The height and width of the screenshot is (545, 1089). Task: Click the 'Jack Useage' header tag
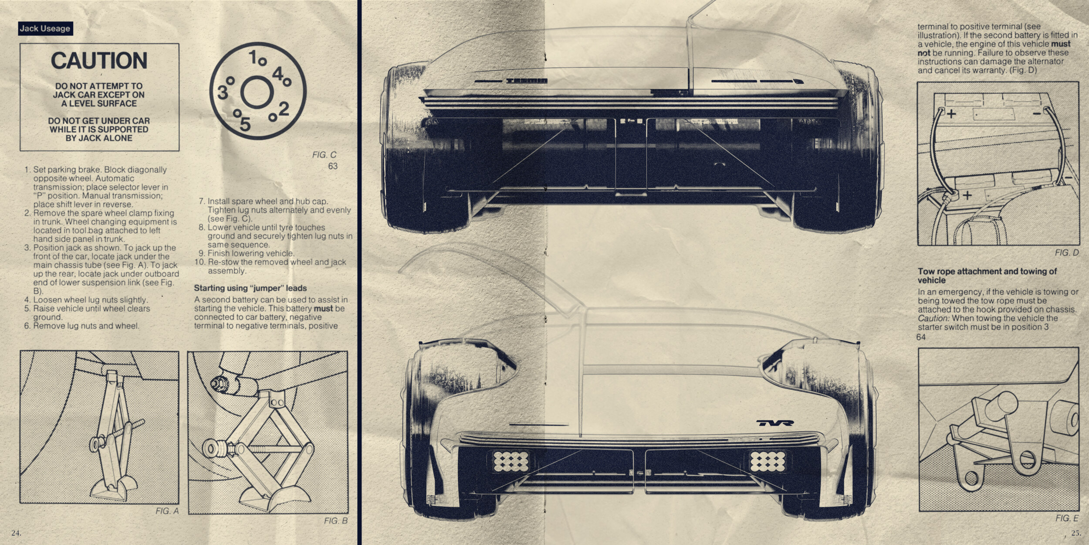click(45, 29)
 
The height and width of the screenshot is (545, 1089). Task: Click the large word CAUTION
click(99, 61)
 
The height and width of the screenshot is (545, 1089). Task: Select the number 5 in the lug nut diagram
click(245, 124)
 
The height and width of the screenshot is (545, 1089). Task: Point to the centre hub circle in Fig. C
click(257, 92)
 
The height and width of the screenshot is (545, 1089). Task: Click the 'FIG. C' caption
click(324, 155)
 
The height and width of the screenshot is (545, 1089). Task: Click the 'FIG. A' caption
click(167, 511)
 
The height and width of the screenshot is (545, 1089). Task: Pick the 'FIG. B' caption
click(335, 521)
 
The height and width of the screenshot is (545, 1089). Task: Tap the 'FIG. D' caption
click(1067, 253)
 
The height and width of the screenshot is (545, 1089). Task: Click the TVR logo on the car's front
click(775, 422)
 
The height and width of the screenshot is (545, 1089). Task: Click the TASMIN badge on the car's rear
click(527, 81)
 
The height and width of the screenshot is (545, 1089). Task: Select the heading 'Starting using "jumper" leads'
click(250, 288)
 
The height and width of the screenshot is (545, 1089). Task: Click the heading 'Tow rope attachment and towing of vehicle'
click(987, 276)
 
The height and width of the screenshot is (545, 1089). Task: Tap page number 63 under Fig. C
click(333, 166)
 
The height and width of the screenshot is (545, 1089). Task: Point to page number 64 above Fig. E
click(921, 337)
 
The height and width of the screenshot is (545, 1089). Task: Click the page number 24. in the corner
click(16, 533)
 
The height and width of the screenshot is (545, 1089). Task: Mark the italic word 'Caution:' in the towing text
click(933, 318)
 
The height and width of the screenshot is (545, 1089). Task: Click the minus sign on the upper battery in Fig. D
click(1037, 113)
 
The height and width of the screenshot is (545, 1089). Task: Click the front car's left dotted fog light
click(511, 462)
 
